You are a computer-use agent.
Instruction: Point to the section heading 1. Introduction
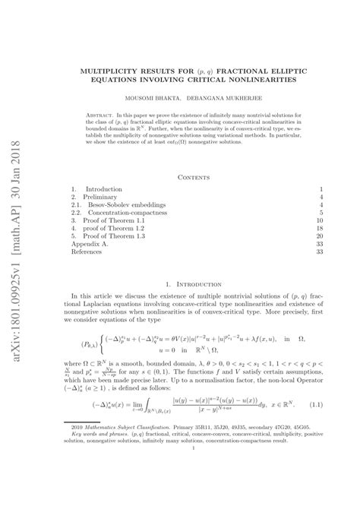tap(194, 305)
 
